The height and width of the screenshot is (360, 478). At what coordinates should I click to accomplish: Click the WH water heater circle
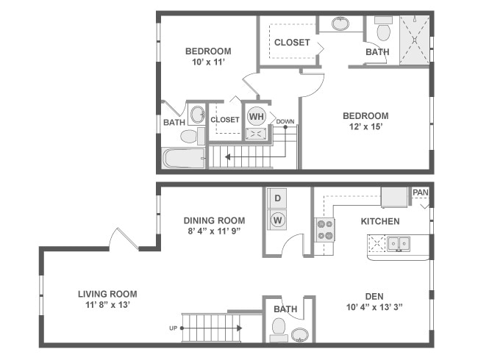256,116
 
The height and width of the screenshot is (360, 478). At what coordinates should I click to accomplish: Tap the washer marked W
279,219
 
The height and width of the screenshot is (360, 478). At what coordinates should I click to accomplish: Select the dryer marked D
279,198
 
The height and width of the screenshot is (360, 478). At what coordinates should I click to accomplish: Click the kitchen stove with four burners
324,230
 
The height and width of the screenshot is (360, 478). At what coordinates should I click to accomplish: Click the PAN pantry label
420,192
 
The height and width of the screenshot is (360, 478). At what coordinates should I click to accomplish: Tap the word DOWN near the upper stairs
285,122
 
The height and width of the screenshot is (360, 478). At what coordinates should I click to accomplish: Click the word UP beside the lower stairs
174,328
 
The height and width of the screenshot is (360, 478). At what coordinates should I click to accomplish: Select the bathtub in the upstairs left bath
184,158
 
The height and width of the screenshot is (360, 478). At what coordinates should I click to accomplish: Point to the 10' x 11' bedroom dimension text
207,63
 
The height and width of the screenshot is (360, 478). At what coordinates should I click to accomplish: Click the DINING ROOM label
214,220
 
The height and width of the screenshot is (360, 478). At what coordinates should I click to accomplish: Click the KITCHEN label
380,221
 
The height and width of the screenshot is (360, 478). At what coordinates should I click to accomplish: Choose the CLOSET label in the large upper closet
292,43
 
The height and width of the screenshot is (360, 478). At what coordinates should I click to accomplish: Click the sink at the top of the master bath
340,24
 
